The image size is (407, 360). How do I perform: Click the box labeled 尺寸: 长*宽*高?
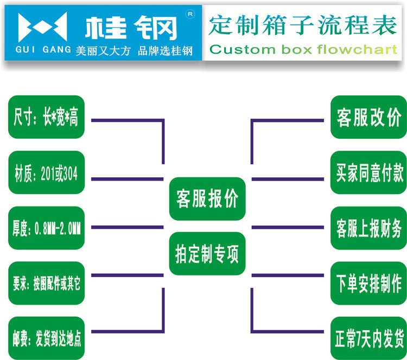pyautogui.click(x=46, y=117)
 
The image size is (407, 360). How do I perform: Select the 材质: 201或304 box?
pyautogui.click(x=46, y=174)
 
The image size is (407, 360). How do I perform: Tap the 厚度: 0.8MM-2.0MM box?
pyautogui.click(x=46, y=227)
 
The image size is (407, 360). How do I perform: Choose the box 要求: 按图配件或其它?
pyautogui.click(x=46, y=283)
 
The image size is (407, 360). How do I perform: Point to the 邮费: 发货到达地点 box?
pyautogui.click(x=46, y=338)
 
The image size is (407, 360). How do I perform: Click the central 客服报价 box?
pyautogui.click(x=207, y=198)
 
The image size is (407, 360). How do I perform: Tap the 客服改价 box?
pyautogui.click(x=368, y=117)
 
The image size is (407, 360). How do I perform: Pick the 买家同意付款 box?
pyautogui.click(x=368, y=173)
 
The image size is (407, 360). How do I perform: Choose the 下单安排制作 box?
pyautogui.click(x=368, y=283)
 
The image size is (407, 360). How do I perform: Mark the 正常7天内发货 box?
pyautogui.click(x=368, y=338)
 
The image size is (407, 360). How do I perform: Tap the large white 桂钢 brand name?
pyautogui.click(x=133, y=27)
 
